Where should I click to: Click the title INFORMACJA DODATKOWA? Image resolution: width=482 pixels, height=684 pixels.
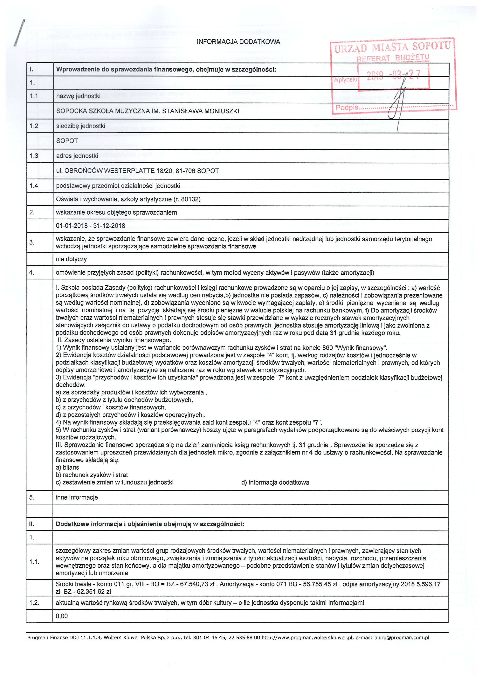click(238, 42)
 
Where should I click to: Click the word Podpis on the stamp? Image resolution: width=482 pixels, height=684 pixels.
click(347, 107)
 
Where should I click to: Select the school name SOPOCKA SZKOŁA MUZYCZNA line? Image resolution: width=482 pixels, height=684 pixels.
click(148, 111)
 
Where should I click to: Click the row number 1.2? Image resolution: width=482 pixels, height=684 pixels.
click(34, 126)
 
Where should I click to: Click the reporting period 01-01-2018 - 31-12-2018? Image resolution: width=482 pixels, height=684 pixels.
click(91, 226)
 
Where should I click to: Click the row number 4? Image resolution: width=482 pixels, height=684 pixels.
click(32, 272)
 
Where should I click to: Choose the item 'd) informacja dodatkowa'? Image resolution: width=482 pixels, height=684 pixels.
click(275, 482)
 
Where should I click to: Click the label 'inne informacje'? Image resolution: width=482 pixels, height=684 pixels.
click(77, 497)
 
